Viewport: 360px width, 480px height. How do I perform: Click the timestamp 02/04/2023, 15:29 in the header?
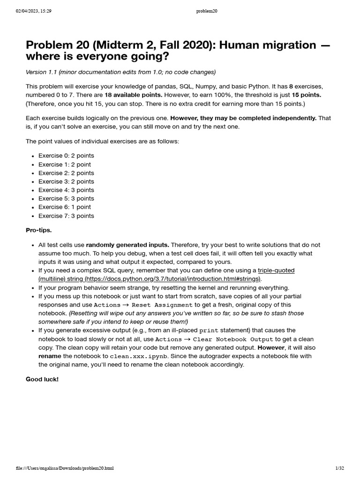pyautogui.click(x=33, y=11)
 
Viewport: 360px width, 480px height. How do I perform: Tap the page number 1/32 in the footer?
pyautogui.click(x=339, y=468)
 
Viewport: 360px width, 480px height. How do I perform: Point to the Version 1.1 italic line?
pyautogui.click(x=120, y=72)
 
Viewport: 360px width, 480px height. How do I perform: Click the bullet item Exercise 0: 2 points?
pyautogui.click(x=66, y=156)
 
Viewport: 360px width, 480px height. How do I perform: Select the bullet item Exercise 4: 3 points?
pyautogui.click(x=66, y=190)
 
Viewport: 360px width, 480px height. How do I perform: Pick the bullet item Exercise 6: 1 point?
pyautogui.click(x=65, y=207)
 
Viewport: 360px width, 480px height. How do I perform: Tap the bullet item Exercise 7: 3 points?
pyautogui.click(x=66, y=216)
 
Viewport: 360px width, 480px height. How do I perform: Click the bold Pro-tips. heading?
pyautogui.click(x=38, y=230)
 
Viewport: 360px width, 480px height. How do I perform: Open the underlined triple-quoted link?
pyautogui.click(x=276, y=270)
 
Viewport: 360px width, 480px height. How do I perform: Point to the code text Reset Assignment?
pyautogui.click(x=162, y=305)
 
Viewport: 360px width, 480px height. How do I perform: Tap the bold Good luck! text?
pyautogui.click(x=42, y=379)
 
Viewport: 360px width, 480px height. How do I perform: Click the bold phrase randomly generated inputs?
pyautogui.click(x=127, y=245)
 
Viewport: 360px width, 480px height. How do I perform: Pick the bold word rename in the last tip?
pyautogui.click(x=50, y=356)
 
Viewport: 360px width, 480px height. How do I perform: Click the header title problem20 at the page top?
pyautogui.click(x=207, y=11)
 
